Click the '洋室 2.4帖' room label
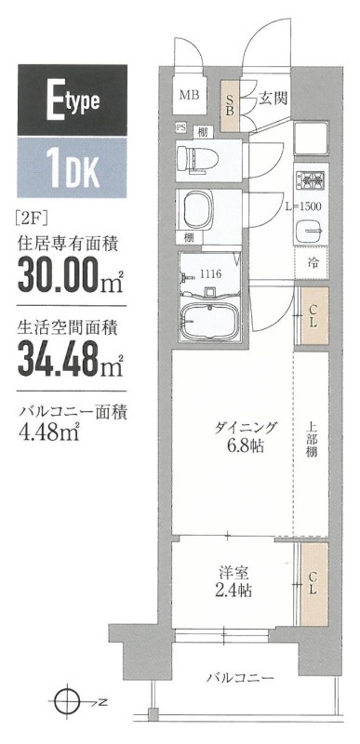pyautogui.click(x=233, y=580)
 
